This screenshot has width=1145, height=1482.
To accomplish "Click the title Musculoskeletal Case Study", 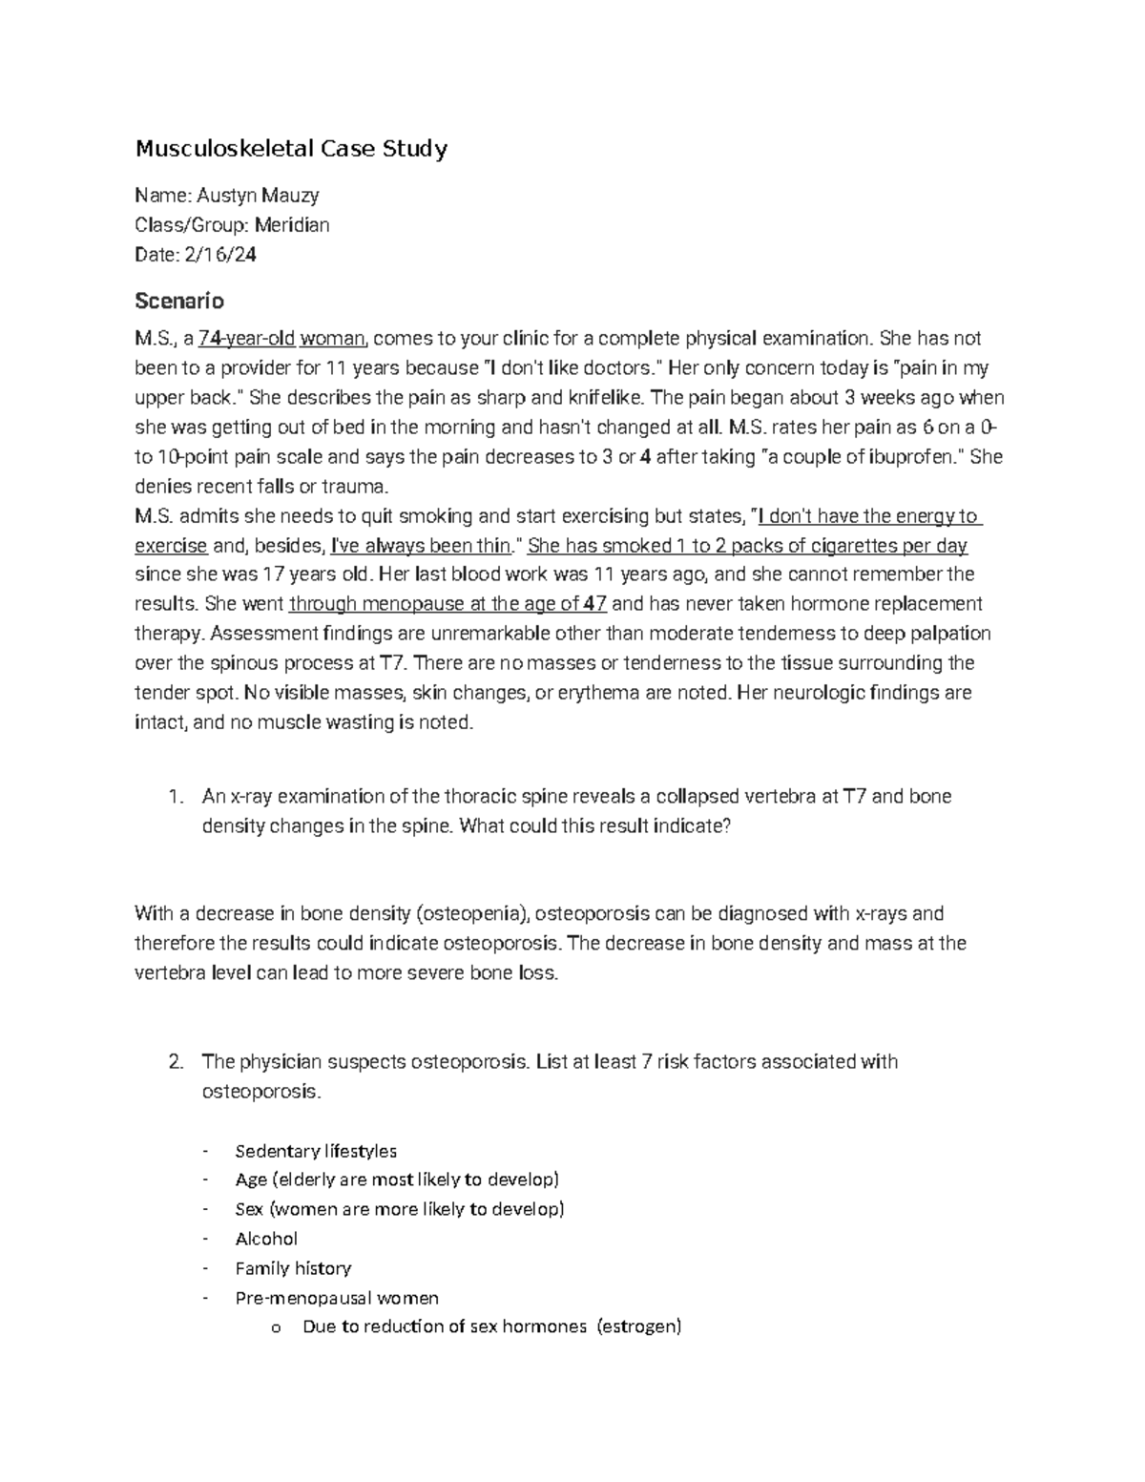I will (x=290, y=149).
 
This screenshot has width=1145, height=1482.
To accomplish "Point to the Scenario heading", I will (x=179, y=302).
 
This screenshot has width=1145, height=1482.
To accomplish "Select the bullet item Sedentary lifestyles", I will (x=316, y=1151).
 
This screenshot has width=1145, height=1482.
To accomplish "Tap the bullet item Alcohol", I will (x=266, y=1239).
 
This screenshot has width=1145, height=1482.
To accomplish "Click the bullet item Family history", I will (x=293, y=1268).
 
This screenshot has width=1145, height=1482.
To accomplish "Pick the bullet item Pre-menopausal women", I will (x=337, y=1298).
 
